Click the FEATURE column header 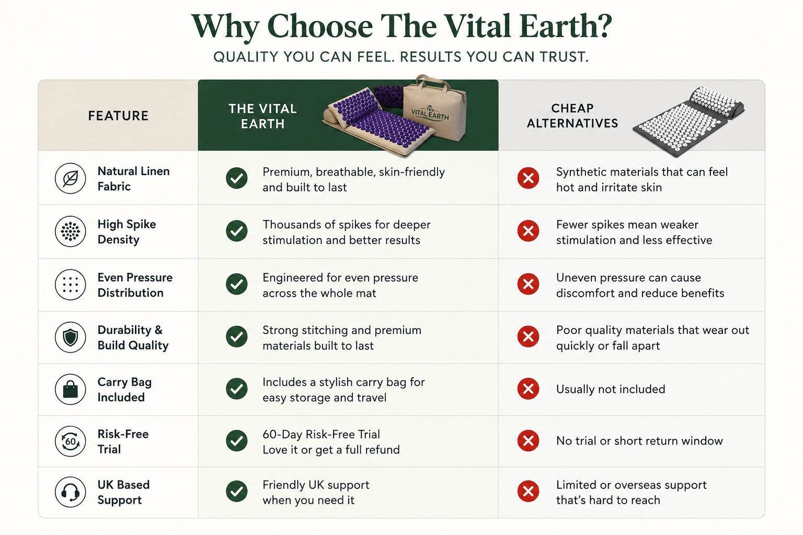pyautogui.click(x=118, y=116)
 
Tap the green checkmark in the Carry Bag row pyautogui.click(x=237, y=389)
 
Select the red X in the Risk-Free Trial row pyautogui.click(x=528, y=440)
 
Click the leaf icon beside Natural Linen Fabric pyautogui.click(x=70, y=179)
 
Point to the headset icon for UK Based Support pyautogui.click(x=70, y=492)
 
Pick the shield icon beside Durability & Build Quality pyautogui.click(x=70, y=337)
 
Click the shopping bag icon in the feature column pyautogui.click(x=70, y=390)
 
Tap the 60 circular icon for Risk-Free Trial pyautogui.click(x=70, y=441)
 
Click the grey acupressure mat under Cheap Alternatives pyautogui.click(x=689, y=122)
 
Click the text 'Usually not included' pyautogui.click(x=611, y=389)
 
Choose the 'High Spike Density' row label pyautogui.click(x=127, y=232)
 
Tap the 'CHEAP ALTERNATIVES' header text pyautogui.click(x=572, y=116)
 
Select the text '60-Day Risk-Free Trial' pyautogui.click(x=321, y=434)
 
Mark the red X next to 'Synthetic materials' pyautogui.click(x=528, y=178)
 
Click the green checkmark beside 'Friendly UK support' pyautogui.click(x=237, y=491)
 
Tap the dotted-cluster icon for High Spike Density pyautogui.click(x=70, y=231)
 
